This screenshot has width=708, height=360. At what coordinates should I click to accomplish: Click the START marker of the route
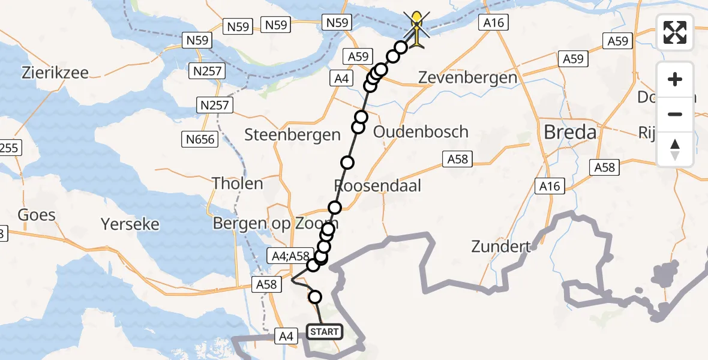(325, 331)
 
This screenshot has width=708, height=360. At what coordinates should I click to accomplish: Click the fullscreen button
(675, 32)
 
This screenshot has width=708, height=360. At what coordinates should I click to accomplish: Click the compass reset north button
(675, 149)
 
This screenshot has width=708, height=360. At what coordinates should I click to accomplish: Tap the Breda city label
(570, 132)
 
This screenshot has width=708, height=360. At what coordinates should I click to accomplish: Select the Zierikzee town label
(55, 73)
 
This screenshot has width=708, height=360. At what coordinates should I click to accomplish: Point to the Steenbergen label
(292, 134)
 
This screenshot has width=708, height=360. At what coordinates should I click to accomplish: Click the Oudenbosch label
(421, 131)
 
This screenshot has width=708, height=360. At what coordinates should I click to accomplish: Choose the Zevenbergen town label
(467, 77)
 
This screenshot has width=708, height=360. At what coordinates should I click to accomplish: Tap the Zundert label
(502, 246)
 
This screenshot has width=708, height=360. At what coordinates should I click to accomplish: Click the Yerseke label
(130, 224)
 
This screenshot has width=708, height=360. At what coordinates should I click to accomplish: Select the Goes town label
(37, 215)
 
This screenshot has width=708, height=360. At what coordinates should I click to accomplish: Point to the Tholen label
(238, 183)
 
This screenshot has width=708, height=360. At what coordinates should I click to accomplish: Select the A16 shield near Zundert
(550, 186)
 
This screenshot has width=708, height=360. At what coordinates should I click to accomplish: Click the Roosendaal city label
(377, 185)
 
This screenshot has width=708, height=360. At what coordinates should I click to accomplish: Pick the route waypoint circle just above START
(314, 296)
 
